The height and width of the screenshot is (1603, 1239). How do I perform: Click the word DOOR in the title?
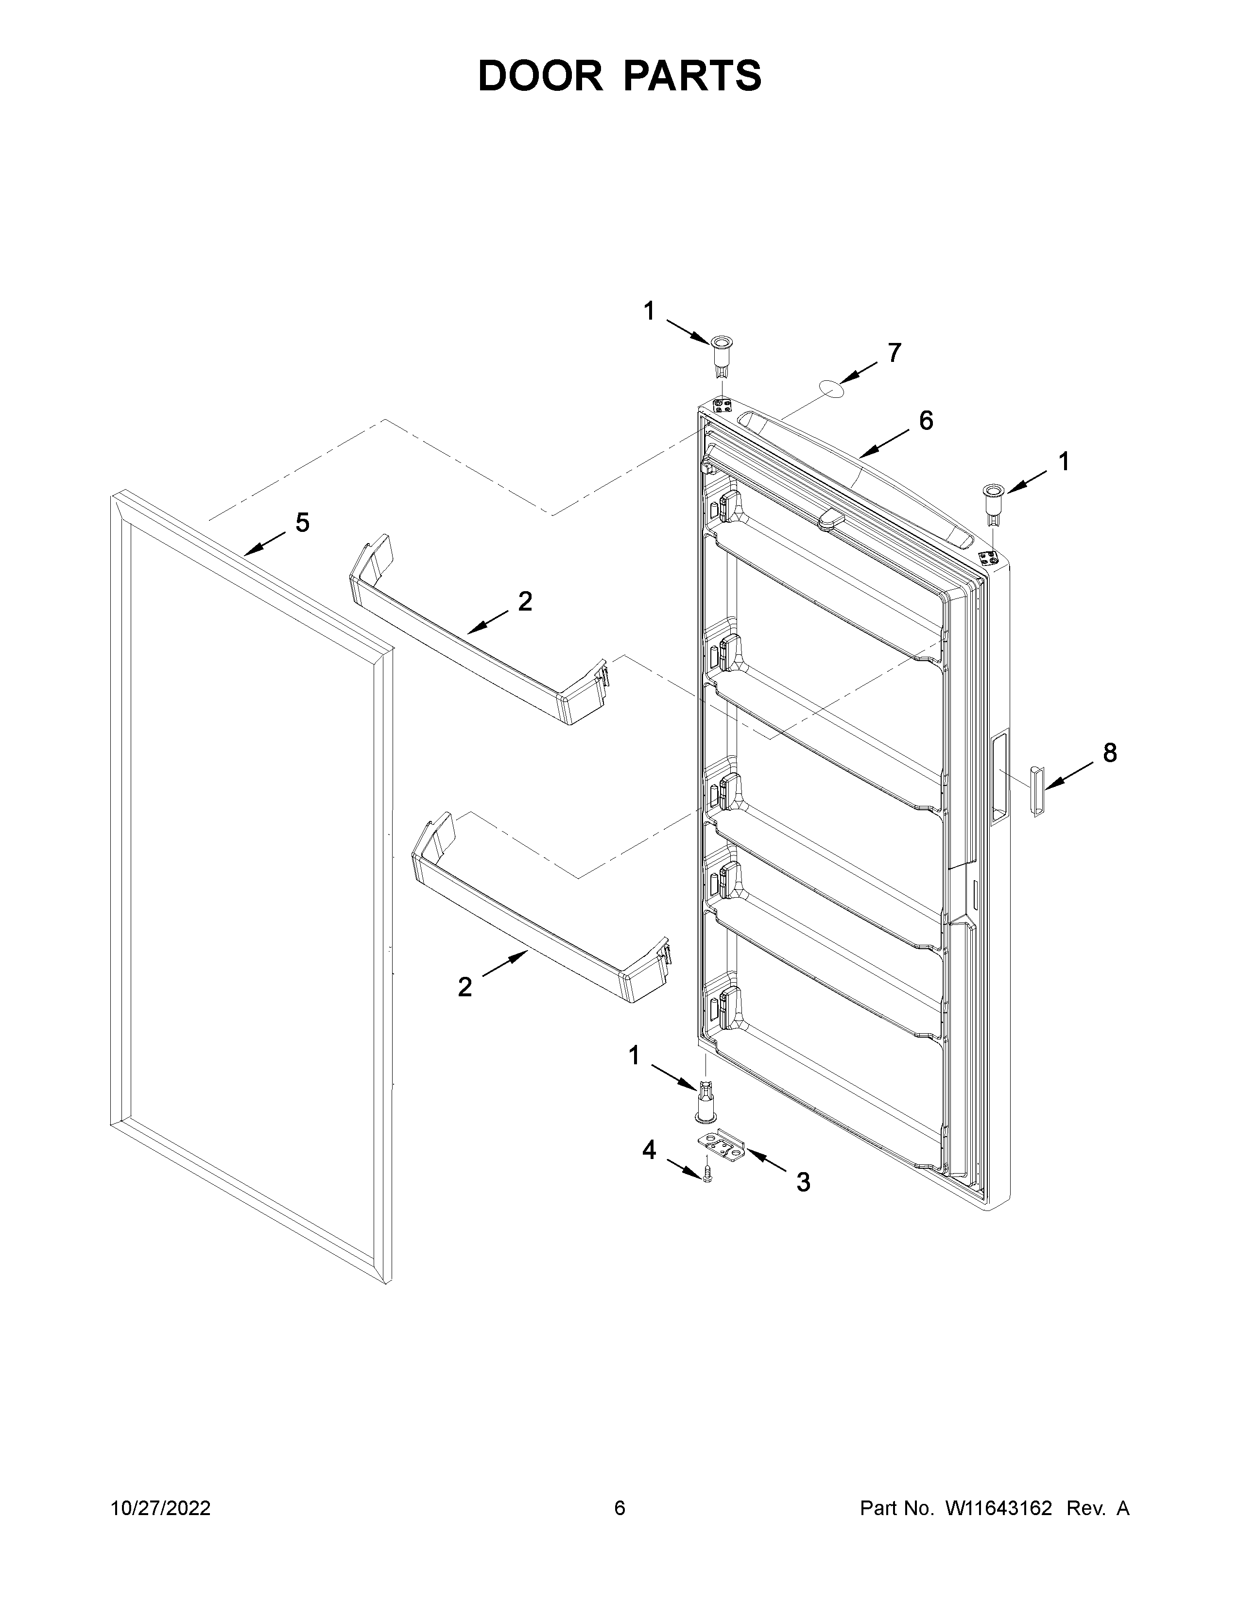[539, 76]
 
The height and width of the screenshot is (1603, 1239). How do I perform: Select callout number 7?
[893, 353]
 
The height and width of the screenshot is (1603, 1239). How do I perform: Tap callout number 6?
[926, 421]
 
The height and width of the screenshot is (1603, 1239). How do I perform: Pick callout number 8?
[1109, 752]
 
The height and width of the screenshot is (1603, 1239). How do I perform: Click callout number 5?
[302, 523]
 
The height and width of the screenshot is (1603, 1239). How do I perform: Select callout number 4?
[649, 1150]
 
